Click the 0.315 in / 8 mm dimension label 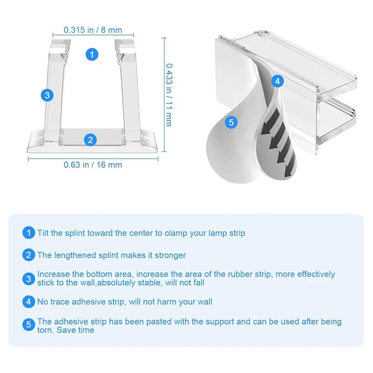point(93,30)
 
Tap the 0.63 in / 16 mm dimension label point(93,164)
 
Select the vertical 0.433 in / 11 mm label point(168,94)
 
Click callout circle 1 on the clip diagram point(92,54)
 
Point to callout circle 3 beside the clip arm point(46,95)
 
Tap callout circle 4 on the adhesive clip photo point(277,81)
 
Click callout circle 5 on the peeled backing point(231,122)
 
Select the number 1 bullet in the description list point(29,233)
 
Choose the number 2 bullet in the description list point(29,255)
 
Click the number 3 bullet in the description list point(29,278)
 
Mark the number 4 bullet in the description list point(29,302)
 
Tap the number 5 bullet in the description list point(29,325)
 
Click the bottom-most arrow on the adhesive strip point(283,159)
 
